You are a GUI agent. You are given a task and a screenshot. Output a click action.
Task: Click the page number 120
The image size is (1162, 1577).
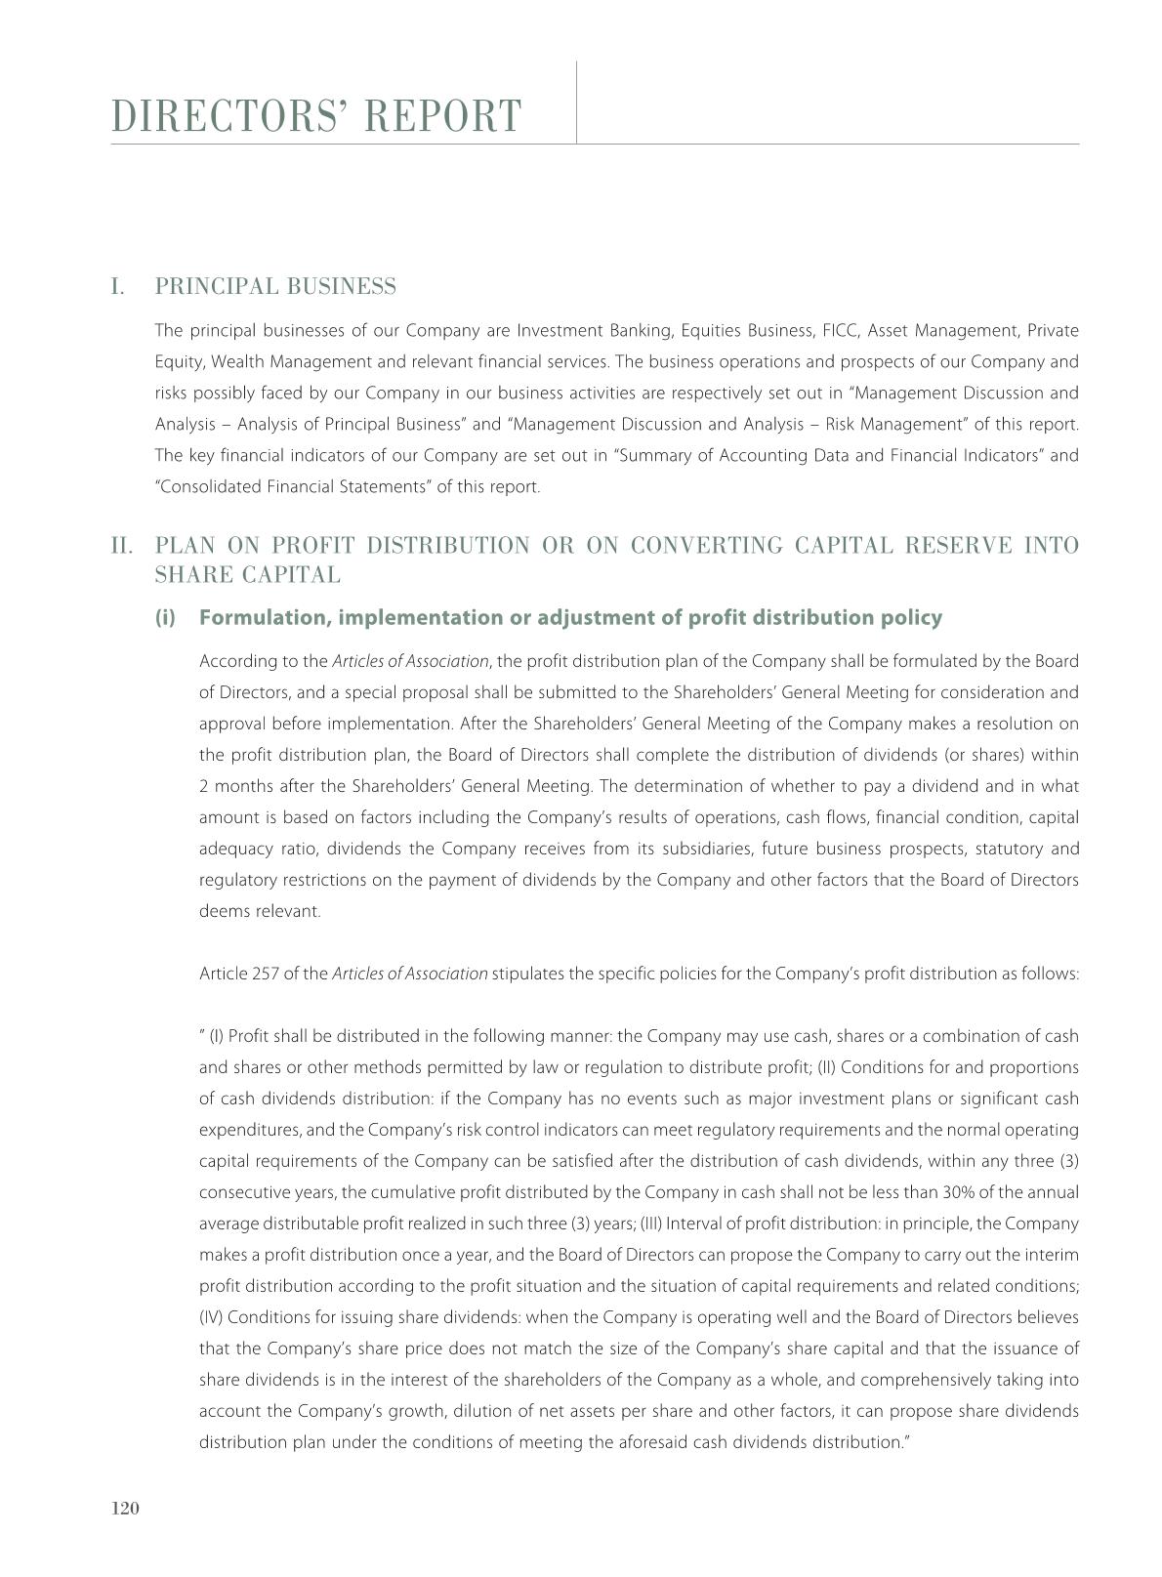click(126, 1509)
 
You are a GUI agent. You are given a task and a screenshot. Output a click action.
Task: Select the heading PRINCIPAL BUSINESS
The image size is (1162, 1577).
click(275, 287)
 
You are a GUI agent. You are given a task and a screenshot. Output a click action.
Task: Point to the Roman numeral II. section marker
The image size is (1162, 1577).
click(122, 545)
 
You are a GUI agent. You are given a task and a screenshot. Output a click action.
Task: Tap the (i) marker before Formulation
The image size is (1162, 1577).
click(165, 618)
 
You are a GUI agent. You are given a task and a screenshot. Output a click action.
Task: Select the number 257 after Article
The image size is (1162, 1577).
click(266, 975)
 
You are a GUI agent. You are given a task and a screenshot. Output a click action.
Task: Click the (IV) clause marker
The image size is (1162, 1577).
click(211, 1318)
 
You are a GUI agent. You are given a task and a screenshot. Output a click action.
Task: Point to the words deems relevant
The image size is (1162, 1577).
click(260, 912)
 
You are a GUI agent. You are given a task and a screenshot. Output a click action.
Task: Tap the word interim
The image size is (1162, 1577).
click(1055, 1256)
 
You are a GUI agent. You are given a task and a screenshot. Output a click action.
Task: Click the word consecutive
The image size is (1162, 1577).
click(237, 1193)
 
